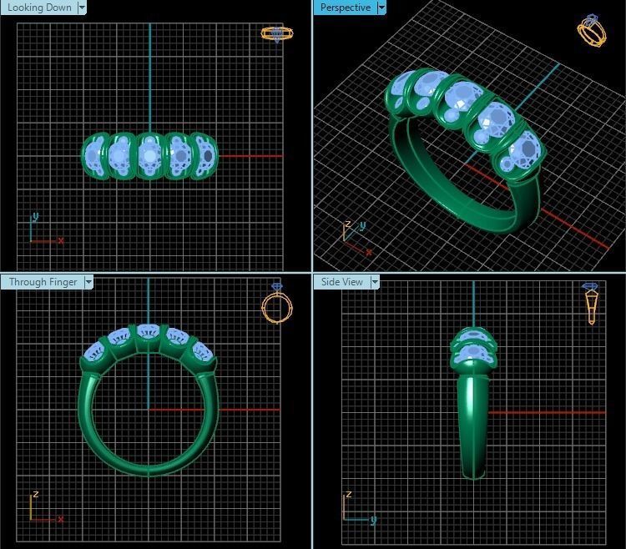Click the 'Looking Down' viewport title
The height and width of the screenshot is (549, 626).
[39, 8]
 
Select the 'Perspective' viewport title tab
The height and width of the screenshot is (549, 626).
[345, 8]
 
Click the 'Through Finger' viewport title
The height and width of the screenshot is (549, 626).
[43, 282]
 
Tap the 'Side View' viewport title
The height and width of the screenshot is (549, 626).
[341, 282]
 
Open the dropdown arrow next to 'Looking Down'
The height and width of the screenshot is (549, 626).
[82, 8]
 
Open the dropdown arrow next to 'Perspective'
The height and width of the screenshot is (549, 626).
[381, 8]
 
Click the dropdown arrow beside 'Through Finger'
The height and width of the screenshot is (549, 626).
[88, 282]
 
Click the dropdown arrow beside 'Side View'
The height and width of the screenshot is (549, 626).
[375, 282]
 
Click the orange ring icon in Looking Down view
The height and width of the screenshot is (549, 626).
[276, 33]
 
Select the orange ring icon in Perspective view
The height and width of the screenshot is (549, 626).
[592, 31]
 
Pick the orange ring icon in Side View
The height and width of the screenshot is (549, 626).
[591, 302]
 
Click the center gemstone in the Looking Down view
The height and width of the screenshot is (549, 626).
[150, 155]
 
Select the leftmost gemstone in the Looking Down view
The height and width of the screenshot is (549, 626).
[97, 155]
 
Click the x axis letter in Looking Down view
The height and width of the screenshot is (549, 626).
[61, 240]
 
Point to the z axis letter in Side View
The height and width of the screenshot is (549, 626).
[348, 495]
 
